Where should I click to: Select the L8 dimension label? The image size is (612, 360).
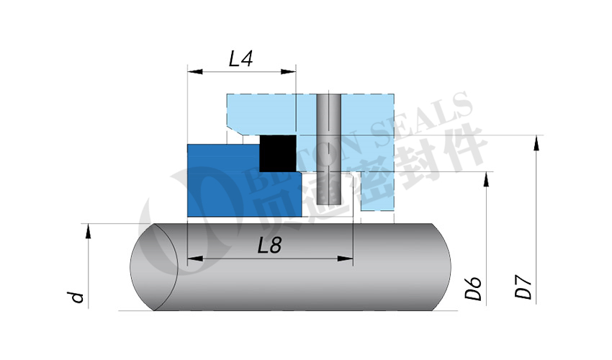[x=269, y=246]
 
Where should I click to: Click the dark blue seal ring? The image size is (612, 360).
[x=223, y=180]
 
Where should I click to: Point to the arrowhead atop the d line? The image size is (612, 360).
[x=89, y=229]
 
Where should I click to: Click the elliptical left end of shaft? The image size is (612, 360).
[x=153, y=266]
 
